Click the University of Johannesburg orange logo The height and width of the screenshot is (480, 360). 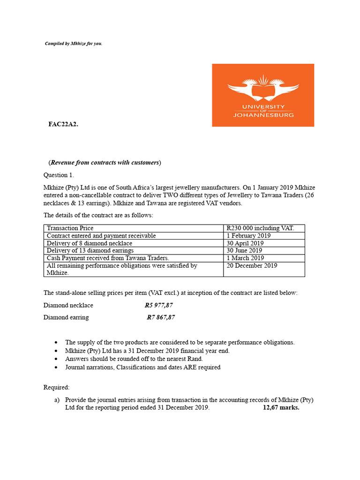point(263,95)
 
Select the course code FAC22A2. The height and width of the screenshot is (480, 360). point(63,124)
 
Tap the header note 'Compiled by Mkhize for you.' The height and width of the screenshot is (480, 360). point(74,44)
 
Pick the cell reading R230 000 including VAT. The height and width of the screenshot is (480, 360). point(260,228)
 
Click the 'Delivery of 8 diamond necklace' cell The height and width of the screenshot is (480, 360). point(90,243)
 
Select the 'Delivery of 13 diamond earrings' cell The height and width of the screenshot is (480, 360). point(90,251)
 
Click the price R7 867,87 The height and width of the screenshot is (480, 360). point(161,317)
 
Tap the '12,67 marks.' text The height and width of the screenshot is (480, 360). point(281,408)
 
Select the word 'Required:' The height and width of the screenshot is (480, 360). point(56,388)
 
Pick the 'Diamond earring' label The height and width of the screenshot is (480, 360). point(66,317)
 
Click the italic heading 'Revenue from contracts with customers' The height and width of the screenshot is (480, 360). point(105,163)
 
